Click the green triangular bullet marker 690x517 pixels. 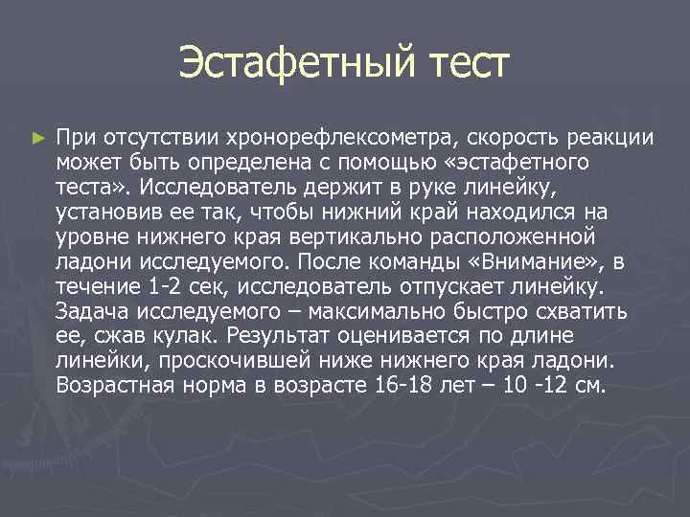click(x=37, y=138)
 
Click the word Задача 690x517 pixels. click(x=89, y=310)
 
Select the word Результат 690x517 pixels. click(x=293, y=335)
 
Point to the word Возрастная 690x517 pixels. click(x=116, y=385)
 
